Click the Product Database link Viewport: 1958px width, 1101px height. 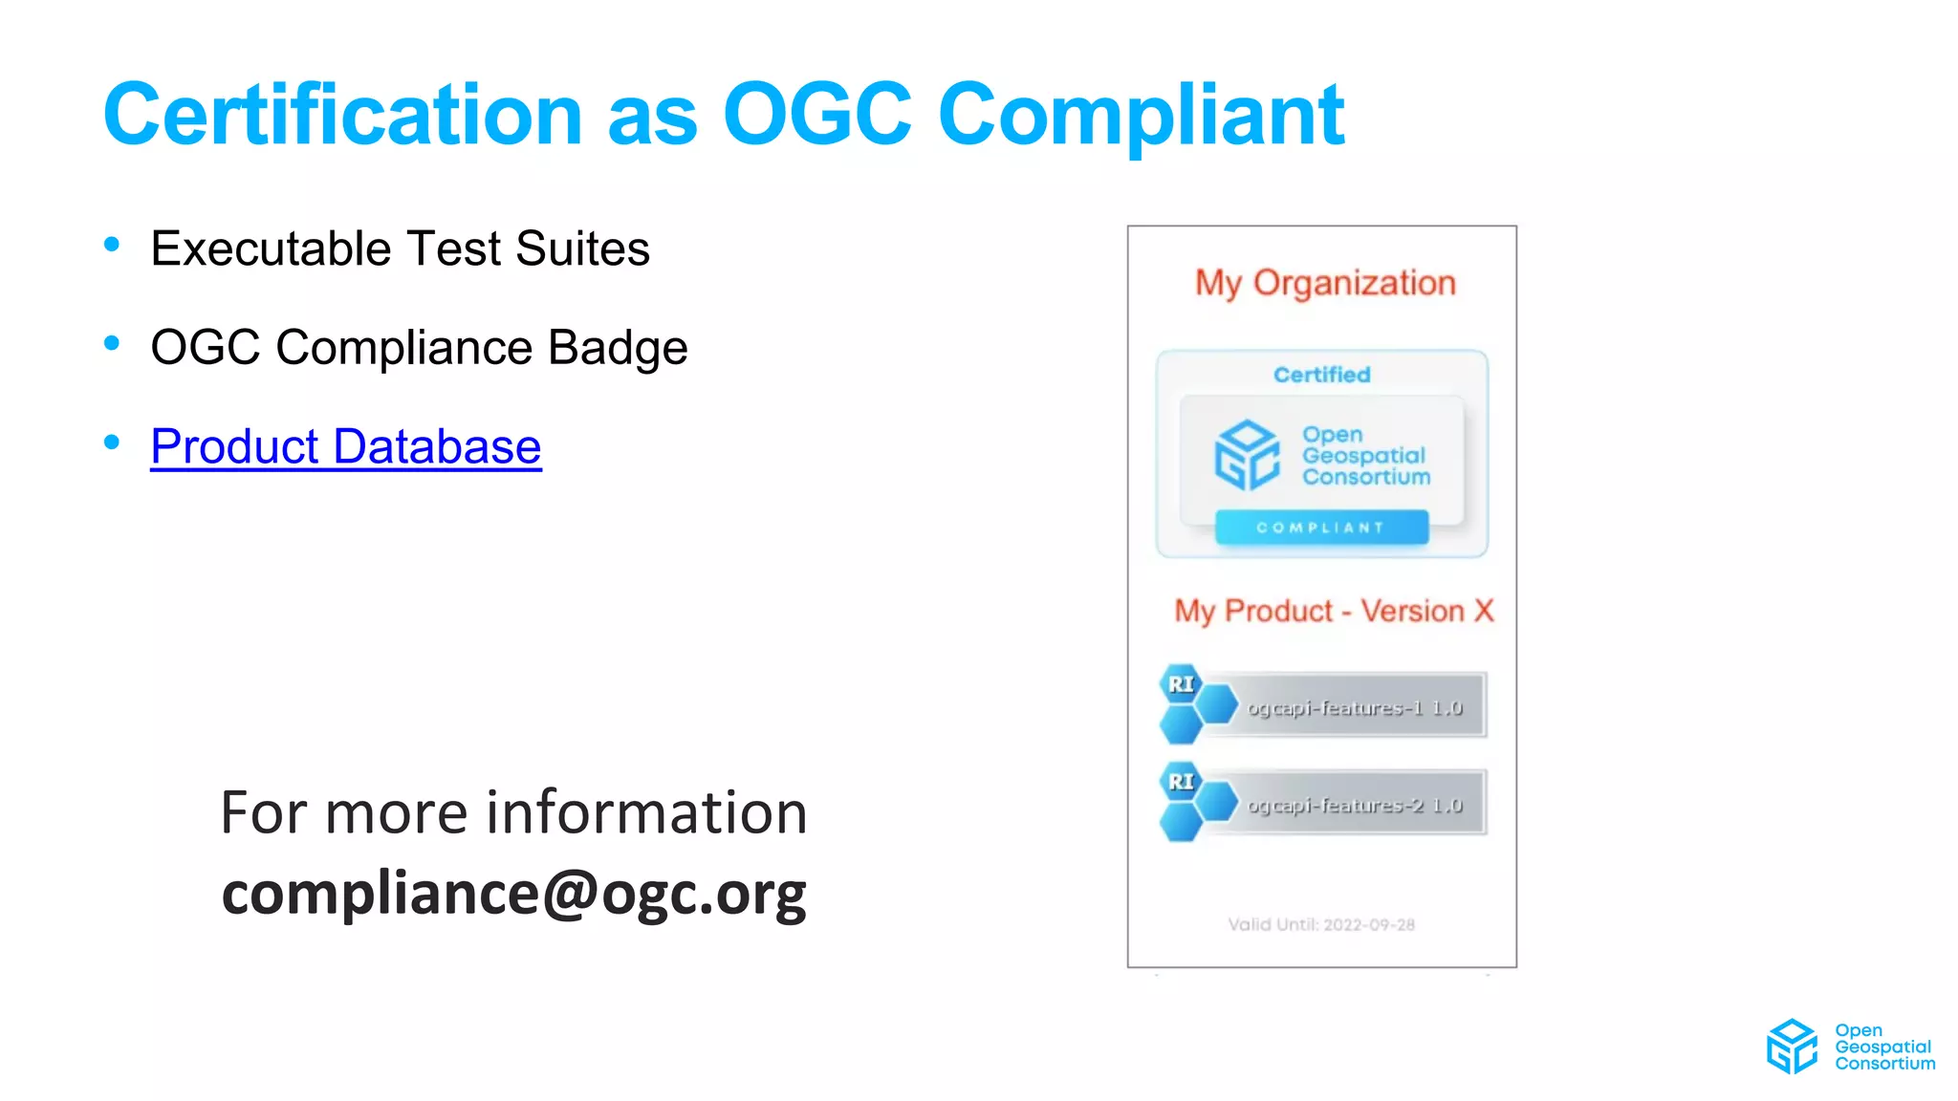coord(345,446)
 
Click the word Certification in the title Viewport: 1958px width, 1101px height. coord(342,115)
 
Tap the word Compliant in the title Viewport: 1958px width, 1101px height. coord(1142,115)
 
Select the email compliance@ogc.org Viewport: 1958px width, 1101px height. coord(513,893)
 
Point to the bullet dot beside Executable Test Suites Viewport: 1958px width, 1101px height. coord(112,245)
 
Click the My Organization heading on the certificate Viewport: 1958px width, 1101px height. coord(1325,283)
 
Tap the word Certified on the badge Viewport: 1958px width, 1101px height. coord(1321,375)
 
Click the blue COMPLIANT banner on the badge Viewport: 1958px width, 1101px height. coord(1321,528)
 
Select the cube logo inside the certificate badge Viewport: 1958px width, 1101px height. coord(1247,455)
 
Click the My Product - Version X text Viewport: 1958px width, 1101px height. coord(1334,611)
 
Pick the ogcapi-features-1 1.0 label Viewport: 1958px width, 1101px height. coord(1355,708)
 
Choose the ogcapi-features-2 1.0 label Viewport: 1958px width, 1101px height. coord(1355,806)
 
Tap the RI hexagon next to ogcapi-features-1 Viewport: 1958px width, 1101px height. coord(1182,684)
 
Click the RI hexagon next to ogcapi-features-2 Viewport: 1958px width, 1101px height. coord(1182,782)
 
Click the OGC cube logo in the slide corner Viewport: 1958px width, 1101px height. coord(1792,1047)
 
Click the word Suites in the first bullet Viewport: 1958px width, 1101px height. coord(582,248)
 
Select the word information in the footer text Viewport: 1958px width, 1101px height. coord(647,812)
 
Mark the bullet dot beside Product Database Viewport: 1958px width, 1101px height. coord(112,442)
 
